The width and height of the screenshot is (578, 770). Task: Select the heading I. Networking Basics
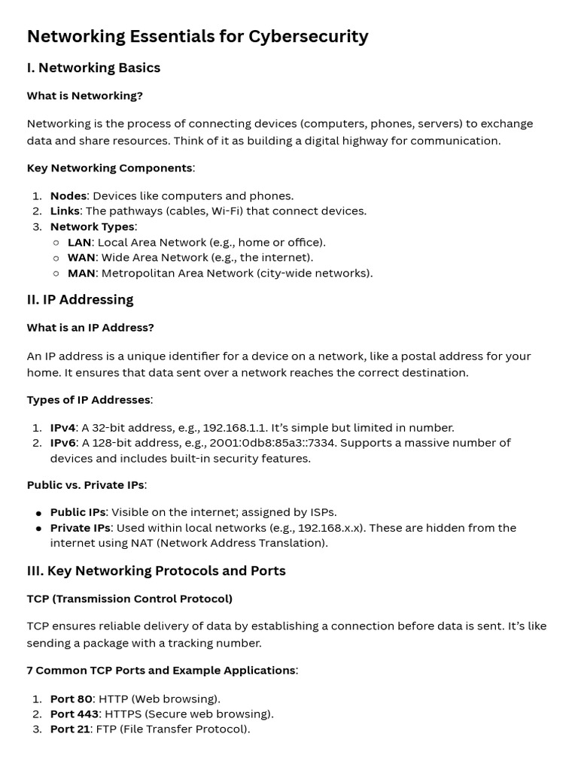pyautogui.click(x=93, y=68)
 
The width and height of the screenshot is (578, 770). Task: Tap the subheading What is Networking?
pyautogui.click(x=84, y=95)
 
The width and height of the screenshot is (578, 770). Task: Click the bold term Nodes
pyautogui.click(x=68, y=196)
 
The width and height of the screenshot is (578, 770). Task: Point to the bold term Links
pyautogui.click(x=65, y=211)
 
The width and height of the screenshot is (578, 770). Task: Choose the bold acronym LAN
pyautogui.click(x=79, y=242)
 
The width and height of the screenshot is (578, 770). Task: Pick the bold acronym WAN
pyautogui.click(x=81, y=257)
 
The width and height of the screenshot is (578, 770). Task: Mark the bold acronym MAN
pyautogui.click(x=81, y=273)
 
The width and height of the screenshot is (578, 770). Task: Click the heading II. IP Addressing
pyautogui.click(x=80, y=299)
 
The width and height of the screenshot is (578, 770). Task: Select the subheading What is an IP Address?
pyautogui.click(x=90, y=327)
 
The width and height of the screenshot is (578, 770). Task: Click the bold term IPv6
pyautogui.click(x=62, y=443)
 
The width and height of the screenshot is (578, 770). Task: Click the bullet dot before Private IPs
pyautogui.click(x=38, y=528)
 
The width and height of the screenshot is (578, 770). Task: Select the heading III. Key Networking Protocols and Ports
pyautogui.click(x=156, y=571)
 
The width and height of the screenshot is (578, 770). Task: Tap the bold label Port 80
pyautogui.click(x=71, y=699)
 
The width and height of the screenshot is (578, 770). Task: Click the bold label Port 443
pyautogui.click(x=75, y=714)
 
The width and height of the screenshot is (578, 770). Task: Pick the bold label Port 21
pyautogui.click(x=70, y=729)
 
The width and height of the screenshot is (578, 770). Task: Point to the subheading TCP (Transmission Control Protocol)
pyautogui.click(x=129, y=599)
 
